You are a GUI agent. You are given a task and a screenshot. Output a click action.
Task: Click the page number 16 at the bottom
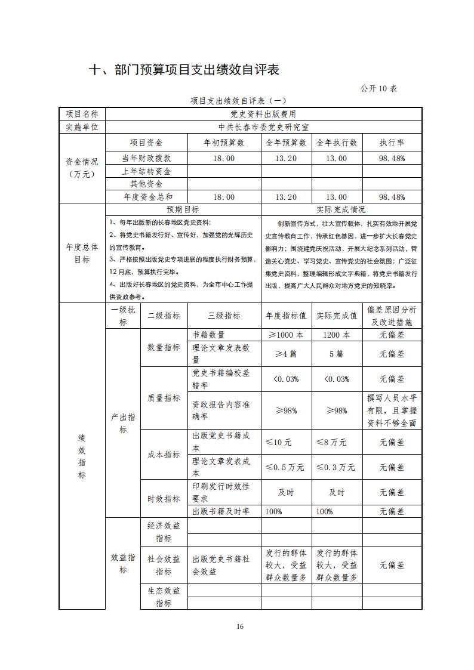click(x=240, y=626)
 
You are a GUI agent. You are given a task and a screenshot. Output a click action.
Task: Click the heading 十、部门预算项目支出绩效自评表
click(x=184, y=70)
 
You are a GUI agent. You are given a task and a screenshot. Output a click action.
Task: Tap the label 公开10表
click(x=378, y=88)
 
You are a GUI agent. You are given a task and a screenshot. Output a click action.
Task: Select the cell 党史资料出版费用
click(x=263, y=113)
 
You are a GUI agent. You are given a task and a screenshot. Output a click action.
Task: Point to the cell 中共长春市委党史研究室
click(x=263, y=127)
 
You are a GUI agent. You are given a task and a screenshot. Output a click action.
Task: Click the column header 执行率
click(x=392, y=143)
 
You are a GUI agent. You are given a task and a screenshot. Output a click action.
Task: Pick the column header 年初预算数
click(x=224, y=143)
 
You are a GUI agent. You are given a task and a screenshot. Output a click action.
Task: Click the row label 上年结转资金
click(x=146, y=171)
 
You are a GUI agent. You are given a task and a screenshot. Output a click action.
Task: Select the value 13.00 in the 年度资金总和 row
click(x=337, y=197)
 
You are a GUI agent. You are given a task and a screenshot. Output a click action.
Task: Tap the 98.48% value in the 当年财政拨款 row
click(x=392, y=158)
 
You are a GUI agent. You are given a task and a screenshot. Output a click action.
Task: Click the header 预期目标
click(x=183, y=209)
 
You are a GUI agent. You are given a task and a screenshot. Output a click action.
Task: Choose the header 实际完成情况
click(x=341, y=209)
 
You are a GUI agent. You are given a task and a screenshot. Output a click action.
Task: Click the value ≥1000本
click(x=285, y=335)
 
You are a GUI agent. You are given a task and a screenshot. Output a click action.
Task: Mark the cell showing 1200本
click(x=337, y=335)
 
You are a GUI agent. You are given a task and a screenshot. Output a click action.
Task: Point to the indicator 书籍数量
click(x=208, y=335)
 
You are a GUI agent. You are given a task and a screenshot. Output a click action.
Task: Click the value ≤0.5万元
click(x=285, y=467)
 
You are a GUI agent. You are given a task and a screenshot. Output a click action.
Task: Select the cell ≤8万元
click(x=337, y=442)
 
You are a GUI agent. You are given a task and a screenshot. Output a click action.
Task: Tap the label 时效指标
click(x=164, y=499)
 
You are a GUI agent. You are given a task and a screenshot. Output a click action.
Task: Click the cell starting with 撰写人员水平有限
click(x=392, y=410)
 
